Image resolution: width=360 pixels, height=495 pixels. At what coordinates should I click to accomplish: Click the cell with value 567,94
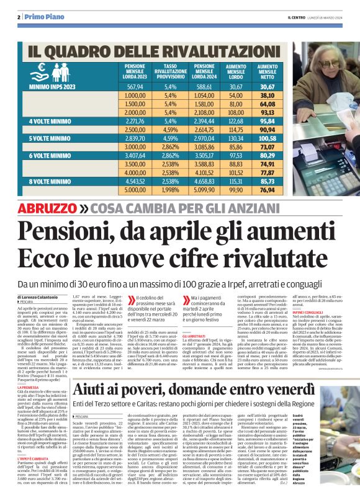point(135,87)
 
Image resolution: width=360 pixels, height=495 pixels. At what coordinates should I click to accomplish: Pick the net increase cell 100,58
point(268,139)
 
